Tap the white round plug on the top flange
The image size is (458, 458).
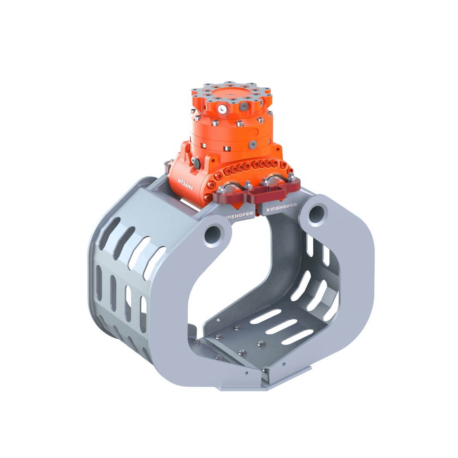tap(223, 110)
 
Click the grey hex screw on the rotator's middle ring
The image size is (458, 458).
tap(252, 144)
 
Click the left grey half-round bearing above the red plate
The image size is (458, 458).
tap(231, 187)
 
